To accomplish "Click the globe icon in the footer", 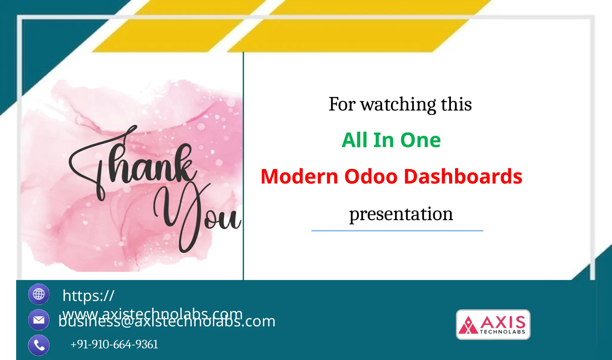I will [x=39, y=294].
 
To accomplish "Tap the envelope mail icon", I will [x=39, y=320].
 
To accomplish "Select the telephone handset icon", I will [x=39, y=345].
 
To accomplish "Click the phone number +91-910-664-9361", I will [x=114, y=344].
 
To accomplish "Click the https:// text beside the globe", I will [x=88, y=295].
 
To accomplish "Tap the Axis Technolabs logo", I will [x=493, y=324].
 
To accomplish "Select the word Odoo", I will [x=371, y=176].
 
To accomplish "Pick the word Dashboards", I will [x=463, y=176].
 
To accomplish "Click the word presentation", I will [x=401, y=214].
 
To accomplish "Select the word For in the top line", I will [x=342, y=105].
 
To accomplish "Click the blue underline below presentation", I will [x=397, y=231].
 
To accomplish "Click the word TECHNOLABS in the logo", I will [x=502, y=332].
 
